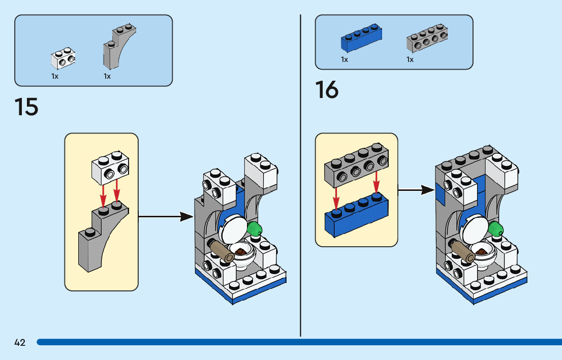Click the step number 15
click(x=26, y=107)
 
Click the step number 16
click(x=327, y=90)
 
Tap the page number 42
click(x=20, y=343)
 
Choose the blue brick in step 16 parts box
click(x=361, y=40)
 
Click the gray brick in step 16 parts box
click(x=427, y=40)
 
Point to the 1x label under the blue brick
click(x=345, y=60)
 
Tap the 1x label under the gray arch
click(x=107, y=76)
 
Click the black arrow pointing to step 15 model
click(x=166, y=217)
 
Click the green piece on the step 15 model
click(x=255, y=228)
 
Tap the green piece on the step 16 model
click(x=496, y=228)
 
